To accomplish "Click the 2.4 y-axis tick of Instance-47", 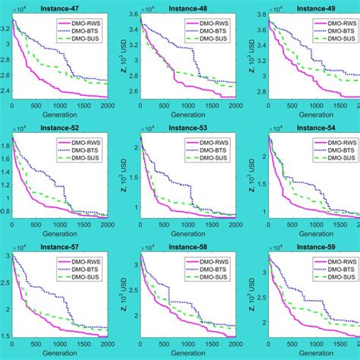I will click(x=5, y=91).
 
